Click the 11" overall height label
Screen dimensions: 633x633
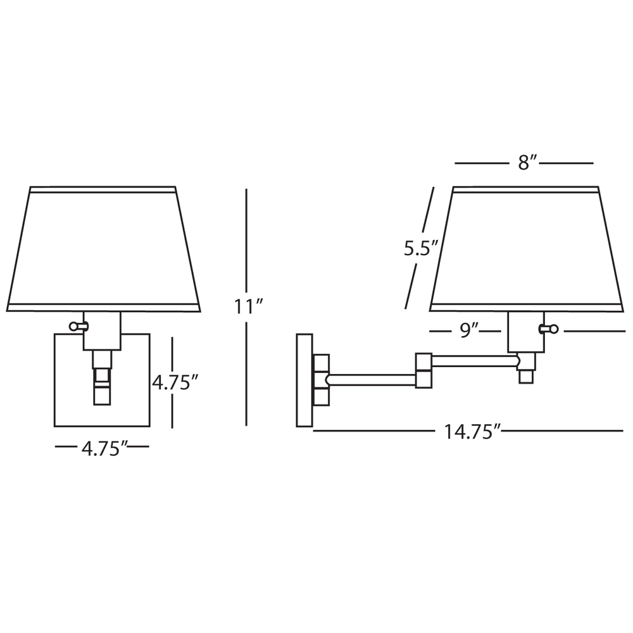tap(249, 306)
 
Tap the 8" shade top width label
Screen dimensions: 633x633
tap(524, 163)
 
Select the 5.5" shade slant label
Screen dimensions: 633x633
tap(421, 248)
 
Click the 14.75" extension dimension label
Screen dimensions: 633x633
tap(472, 431)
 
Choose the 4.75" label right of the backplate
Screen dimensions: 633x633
tap(175, 382)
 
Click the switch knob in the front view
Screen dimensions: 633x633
tap(77, 326)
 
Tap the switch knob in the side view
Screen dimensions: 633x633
tap(549, 329)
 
